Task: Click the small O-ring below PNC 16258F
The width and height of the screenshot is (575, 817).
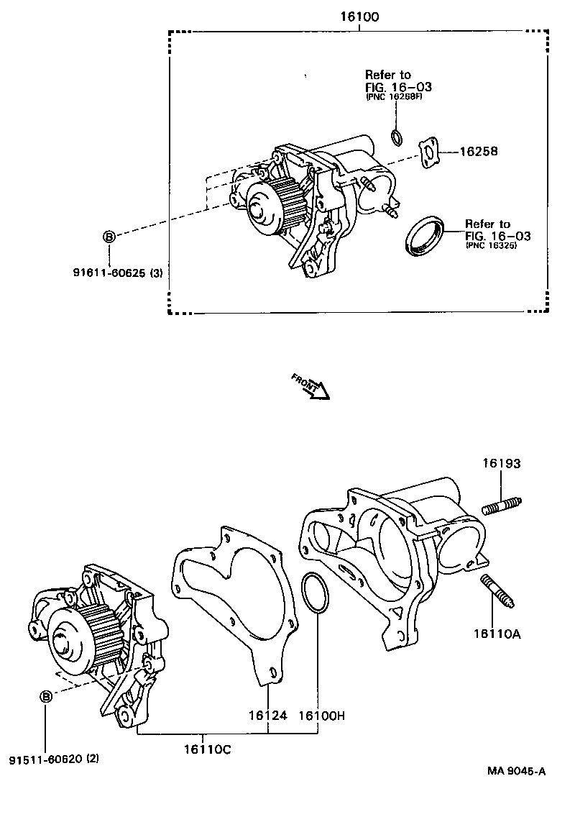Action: (396, 137)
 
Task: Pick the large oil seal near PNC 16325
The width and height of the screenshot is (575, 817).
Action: (425, 234)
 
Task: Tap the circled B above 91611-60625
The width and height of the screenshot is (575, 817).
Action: (109, 236)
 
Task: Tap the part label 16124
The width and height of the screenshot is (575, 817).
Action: (268, 716)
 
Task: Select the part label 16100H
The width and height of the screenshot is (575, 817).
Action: (321, 716)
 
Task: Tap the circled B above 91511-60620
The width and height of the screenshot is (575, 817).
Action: (45, 695)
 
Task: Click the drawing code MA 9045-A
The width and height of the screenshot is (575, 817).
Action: (516, 772)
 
